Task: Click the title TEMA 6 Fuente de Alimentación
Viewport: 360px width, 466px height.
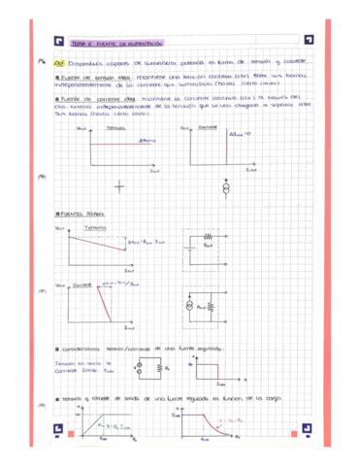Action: coord(115,43)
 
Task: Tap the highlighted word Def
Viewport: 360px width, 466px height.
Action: coord(58,60)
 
